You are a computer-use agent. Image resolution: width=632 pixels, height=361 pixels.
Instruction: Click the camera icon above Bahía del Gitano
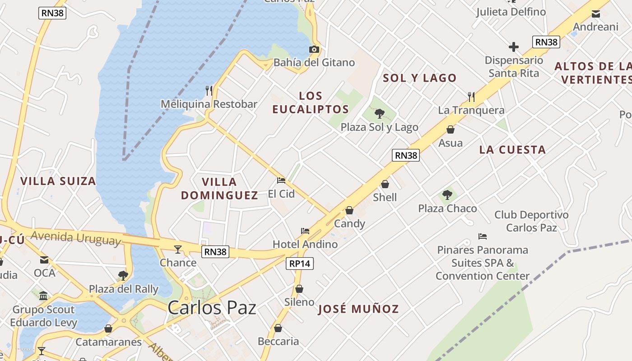coord(314,49)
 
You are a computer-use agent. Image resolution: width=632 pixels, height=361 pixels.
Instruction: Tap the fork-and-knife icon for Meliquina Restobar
coord(209,91)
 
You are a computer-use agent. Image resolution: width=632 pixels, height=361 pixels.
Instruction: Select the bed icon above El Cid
coord(281,180)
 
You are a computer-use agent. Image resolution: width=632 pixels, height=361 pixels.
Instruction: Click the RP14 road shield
coord(300,264)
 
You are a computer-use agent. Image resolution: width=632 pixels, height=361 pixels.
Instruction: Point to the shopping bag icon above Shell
coord(385,184)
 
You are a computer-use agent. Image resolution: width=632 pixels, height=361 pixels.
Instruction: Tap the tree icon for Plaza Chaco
coord(447,195)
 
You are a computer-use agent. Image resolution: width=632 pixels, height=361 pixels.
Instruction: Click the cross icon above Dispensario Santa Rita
coord(513,47)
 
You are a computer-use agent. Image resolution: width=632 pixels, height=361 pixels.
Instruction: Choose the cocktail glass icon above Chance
coord(178,249)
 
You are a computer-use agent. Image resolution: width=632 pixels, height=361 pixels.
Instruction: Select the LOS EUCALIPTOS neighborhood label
coord(311,102)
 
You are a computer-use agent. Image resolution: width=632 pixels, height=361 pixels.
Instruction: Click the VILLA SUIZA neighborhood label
coord(58,181)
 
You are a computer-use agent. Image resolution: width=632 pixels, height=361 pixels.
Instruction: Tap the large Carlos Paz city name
coord(212,308)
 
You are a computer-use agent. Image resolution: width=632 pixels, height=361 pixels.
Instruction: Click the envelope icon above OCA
coord(44,260)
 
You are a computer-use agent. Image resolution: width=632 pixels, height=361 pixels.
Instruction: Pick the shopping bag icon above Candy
coord(349,210)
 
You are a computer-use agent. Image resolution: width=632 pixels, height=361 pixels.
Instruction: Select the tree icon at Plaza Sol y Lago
coord(379,114)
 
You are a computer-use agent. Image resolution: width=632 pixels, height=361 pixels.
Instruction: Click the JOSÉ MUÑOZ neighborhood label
coord(358,309)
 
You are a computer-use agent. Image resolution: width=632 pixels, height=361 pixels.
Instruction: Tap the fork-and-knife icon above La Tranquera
coord(471,97)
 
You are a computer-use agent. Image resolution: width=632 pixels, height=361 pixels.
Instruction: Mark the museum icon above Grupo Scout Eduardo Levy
coord(43,296)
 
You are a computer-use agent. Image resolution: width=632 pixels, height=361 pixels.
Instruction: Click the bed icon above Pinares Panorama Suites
coord(483,236)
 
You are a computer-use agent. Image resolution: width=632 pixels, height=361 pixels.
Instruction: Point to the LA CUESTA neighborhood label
coord(512,150)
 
